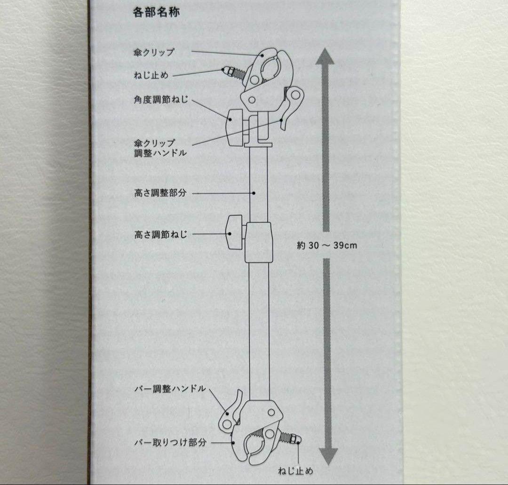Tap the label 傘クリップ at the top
point(154,52)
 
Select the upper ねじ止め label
point(151,75)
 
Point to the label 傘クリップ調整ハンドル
point(154,147)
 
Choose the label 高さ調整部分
point(160,193)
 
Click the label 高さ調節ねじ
point(160,234)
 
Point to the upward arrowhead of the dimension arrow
point(324,57)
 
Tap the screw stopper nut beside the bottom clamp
point(295,439)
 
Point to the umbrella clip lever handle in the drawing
point(290,106)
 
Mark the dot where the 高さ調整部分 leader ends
point(254,192)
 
